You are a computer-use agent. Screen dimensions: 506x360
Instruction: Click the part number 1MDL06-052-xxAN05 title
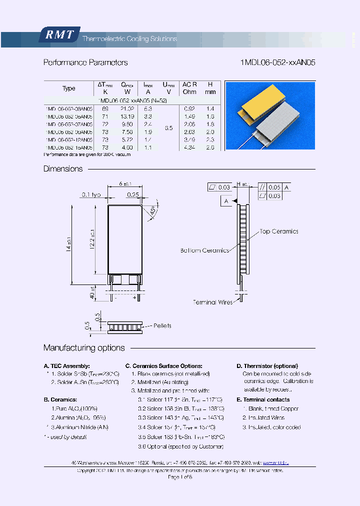pyautogui.click(x=278, y=63)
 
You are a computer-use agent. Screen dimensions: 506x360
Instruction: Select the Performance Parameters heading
pyautogui.click(x=85, y=63)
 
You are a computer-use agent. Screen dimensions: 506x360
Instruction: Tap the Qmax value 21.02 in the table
pyautogui.click(x=128, y=108)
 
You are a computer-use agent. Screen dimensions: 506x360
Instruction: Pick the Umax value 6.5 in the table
pyautogui.click(x=168, y=128)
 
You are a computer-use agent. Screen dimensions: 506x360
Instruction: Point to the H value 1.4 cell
pyautogui.click(x=210, y=108)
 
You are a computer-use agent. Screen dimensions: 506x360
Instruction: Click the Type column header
pyautogui.click(x=68, y=88)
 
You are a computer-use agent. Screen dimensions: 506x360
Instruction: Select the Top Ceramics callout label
pyautogui.click(x=278, y=231)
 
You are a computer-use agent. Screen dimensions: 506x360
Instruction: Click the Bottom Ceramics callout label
pyautogui.click(x=204, y=250)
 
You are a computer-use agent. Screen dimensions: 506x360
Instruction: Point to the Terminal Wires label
pyautogui.click(x=212, y=302)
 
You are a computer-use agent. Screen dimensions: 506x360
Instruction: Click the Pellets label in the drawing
pyautogui.click(x=162, y=326)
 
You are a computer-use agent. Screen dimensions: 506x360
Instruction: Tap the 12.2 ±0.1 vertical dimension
pyautogui.click(x=92, y=238)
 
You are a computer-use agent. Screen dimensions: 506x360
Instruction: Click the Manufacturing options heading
pyautogui.click(x=84, y=348)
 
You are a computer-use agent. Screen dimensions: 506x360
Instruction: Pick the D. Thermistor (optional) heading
pyautogui.click(x=267, y=366)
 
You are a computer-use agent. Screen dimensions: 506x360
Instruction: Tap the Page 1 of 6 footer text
pyautogui.click(x=180, y=477)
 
